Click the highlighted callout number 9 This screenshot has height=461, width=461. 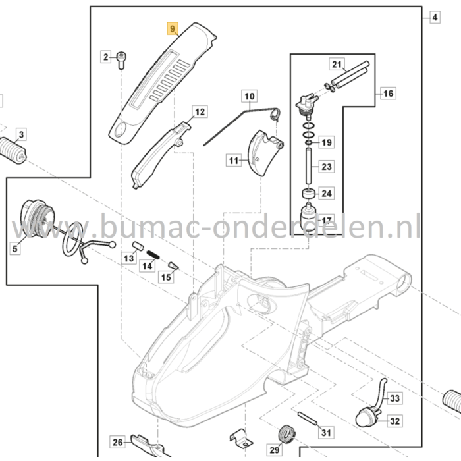(x=173, y=29)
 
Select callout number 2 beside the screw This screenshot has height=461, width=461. (x=105, y=57)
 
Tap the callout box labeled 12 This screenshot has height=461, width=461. (x=200, y=112)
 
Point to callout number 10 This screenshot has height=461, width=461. (x=249, y=97)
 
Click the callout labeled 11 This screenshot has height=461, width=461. (x=234, y=160)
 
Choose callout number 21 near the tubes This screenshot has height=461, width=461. (x=337, y=65)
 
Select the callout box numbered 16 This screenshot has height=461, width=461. (x=388, y=94)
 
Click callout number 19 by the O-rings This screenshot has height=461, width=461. (x=327, y=142)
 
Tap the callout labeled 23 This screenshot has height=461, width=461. (x=327, y=167)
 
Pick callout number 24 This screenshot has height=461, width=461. (x=327, y=194)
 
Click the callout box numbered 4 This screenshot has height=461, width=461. (x=434, y=18)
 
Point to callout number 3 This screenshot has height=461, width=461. (x=20, y=135)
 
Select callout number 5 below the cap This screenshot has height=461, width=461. (x=14, y=248)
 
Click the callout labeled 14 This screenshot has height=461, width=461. (x=148, y=266)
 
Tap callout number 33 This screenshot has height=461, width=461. (x=394, y=398)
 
